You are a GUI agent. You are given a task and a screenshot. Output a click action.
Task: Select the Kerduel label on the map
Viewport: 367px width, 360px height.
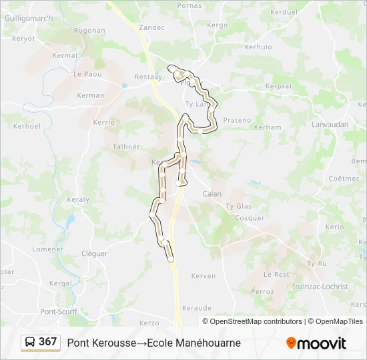tap(284, 12)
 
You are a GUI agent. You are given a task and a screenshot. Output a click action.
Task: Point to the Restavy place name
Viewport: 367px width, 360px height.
tap(148, 77)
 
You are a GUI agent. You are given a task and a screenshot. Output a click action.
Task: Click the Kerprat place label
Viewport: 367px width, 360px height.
tap(278, 87)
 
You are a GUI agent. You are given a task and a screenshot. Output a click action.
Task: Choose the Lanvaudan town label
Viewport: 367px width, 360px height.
tap(330, 125)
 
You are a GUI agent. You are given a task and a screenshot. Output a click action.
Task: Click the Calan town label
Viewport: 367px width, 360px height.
tap(212, 194)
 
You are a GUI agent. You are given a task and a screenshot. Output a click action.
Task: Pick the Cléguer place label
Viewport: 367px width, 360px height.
tap(94, 253)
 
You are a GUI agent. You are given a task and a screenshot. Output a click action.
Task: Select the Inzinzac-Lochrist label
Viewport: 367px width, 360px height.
tap(320, 286)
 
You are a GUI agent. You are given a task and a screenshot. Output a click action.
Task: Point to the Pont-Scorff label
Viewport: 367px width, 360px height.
tap(59, 311)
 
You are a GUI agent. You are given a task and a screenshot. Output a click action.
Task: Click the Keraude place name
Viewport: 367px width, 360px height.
tap(197, 308)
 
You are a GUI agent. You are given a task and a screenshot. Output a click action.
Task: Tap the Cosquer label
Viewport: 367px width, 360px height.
tap(250, 218)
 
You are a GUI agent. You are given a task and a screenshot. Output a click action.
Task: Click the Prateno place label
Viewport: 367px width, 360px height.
tap(237, 121)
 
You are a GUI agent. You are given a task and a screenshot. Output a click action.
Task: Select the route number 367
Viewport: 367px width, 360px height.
tap(48, 342)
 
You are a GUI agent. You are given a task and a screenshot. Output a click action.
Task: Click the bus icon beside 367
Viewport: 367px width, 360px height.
tap(31, 343)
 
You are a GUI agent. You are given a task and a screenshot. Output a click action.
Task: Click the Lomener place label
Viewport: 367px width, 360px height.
tap(48, 249)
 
